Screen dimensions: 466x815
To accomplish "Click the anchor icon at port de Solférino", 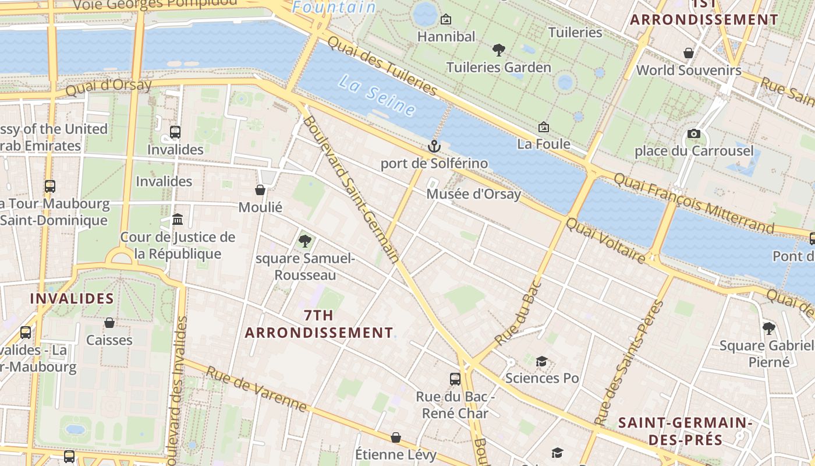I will [x=434, y=146].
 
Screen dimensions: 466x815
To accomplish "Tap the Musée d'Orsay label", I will [x=473, y=194].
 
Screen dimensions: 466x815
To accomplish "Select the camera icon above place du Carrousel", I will [x=693, y=134].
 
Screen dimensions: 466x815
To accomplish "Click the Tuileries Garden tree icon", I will [x=498, y=50].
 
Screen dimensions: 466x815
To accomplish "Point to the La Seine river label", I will [x=377, y=94].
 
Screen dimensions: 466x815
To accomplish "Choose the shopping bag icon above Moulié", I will [x=260, y=190].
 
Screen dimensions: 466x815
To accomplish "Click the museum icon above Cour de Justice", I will [x=178, y=220].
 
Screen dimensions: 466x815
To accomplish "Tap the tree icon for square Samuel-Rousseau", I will [x=304, y=241].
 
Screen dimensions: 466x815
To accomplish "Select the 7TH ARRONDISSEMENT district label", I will [x=319, y=324].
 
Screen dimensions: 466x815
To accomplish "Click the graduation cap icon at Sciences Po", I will [x=541, y=362].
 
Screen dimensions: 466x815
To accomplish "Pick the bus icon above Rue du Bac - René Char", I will [x=455, y=379].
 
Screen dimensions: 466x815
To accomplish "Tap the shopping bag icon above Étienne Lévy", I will [x=396, y=437].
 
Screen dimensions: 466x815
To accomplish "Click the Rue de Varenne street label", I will [x=256, y=389].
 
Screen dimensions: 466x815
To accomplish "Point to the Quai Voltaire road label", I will [x=605, y=241].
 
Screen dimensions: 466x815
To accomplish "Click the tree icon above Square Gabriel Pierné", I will [x=768, y=328].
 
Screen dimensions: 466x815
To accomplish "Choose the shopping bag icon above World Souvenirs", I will [x=689, y=53].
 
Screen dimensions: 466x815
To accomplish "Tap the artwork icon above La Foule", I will [x=544, y=126].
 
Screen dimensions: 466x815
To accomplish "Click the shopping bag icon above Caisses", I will [x=109, y=323].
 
